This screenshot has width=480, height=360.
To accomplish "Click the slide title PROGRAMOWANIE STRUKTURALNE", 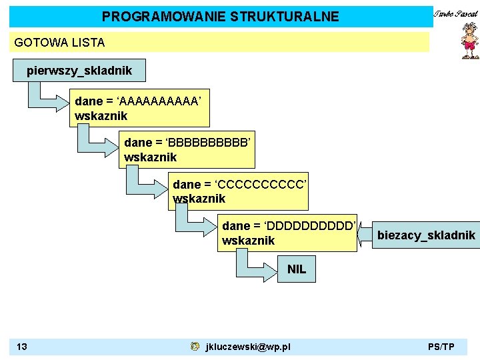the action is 220,17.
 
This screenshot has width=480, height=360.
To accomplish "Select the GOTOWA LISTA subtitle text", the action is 59,43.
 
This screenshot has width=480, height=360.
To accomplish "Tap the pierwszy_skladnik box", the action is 79,70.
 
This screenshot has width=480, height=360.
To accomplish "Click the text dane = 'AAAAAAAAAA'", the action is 137,101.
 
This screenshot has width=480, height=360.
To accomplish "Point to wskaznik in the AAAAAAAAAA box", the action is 101,116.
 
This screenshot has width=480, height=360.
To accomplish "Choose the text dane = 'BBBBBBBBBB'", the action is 187,143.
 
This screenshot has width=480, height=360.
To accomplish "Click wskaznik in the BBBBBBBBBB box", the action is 151,157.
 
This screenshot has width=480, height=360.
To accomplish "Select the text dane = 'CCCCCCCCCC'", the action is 239,184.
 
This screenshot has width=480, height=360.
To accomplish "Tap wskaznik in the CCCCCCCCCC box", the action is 199,199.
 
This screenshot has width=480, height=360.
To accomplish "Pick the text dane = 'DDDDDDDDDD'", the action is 289,226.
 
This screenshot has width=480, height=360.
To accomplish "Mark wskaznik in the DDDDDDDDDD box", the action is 248,240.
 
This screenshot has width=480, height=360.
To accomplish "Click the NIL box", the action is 297,269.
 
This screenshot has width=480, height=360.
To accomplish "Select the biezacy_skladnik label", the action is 426,235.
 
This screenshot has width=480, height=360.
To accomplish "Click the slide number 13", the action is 22,347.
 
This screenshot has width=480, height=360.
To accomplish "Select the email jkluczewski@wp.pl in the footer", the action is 248,347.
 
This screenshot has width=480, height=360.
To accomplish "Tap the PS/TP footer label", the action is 441,347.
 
